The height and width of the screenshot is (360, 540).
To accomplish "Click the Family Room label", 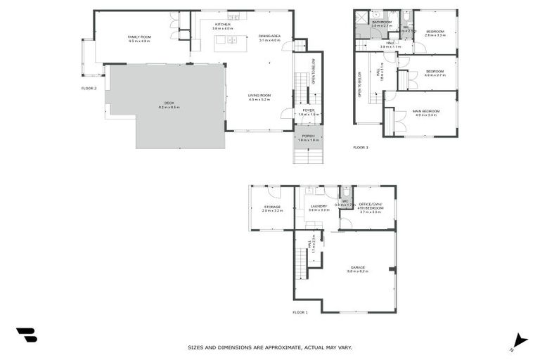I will (x=140, y=37).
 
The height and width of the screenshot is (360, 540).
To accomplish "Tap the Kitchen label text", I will (x=223, y=25).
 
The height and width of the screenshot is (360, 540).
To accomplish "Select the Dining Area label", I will (x=269, y=36).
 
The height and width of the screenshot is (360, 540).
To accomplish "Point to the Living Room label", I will (x=259, y=96).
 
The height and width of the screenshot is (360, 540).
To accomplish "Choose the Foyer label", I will (x=309, y=110).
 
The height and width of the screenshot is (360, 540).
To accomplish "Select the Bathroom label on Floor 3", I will (x=382, y=22).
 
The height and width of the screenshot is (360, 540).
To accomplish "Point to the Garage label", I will (x=358, y=268).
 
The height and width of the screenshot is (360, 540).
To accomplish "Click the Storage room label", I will (x=272, y=207).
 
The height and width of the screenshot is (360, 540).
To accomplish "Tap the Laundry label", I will (x=319, y=207).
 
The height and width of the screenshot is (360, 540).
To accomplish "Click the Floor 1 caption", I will (x=300, y=311).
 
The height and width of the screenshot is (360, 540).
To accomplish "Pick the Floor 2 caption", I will (x=89, y=88).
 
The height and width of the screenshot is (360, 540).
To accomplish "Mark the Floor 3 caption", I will (x=360, y=147).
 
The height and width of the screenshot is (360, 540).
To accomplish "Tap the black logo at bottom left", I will (x=26, y=335).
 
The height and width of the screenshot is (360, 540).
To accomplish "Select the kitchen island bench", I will (x=226, y=40).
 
